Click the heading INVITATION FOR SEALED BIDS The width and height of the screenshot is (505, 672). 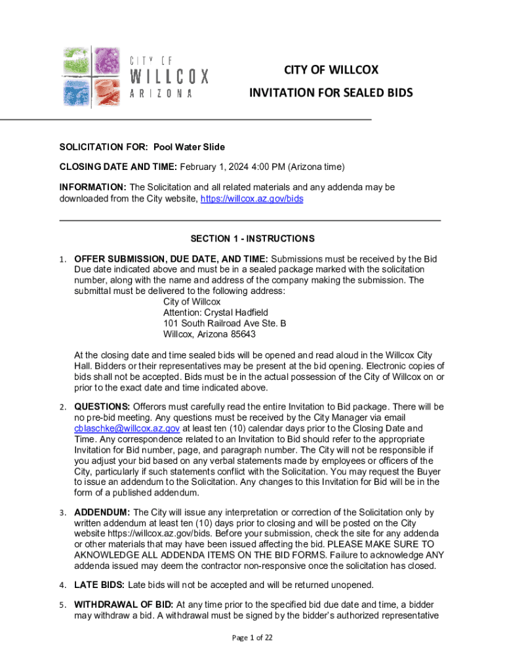tap(331, 93)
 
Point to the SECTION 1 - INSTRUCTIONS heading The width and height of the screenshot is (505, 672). tap(253, 238)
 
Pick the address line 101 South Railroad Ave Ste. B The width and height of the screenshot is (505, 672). tap(224, 324)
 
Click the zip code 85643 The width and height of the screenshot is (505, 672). tap(242, 334)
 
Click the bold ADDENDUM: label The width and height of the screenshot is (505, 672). tap(102, 512)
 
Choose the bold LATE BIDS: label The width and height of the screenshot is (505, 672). tap(99, 584)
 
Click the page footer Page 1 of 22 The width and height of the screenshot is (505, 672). tap(252, 637)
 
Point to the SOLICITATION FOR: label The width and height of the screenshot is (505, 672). tap(103, 146)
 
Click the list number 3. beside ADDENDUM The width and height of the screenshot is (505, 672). tap(62, 513)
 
